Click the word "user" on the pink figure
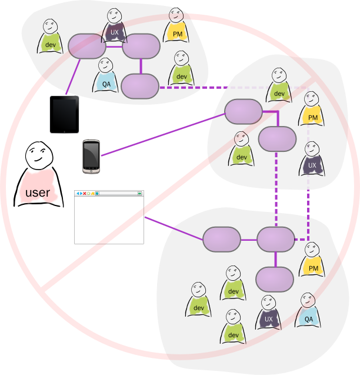(38, 193)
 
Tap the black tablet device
(64, 114)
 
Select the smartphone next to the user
(91, 156)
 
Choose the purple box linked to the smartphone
(243, 111)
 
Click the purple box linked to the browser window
(222, 240)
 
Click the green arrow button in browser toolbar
(139, 193)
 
